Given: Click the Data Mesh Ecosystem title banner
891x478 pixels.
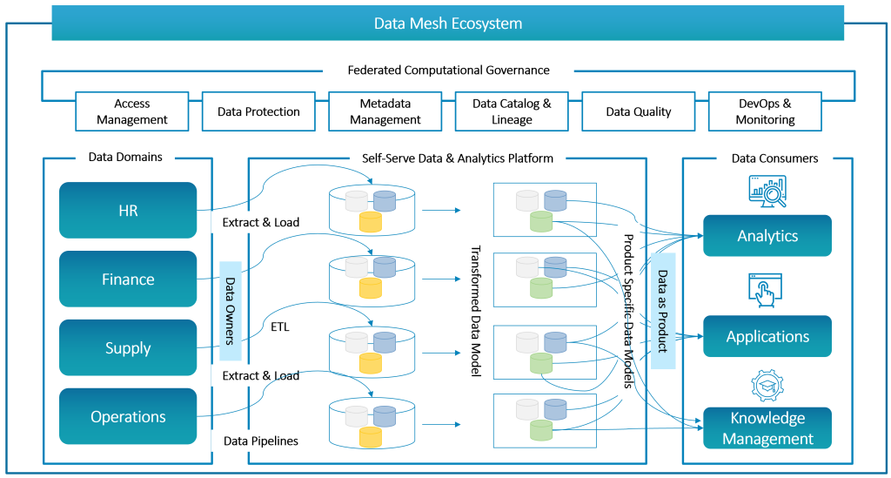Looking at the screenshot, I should (x=447, y=24).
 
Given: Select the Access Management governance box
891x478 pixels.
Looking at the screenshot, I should (x=132, y=111).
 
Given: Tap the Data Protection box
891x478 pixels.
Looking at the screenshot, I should (x=258, y=111).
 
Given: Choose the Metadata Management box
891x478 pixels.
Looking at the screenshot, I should (x=385, y=111).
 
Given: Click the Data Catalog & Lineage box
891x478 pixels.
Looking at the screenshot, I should (x=512, y=111).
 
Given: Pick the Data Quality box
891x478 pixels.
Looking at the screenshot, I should (x=639, y=111).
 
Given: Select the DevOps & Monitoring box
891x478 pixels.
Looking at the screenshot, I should (x=765, y=111).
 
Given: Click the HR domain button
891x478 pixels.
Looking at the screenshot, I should (x=128, y=211).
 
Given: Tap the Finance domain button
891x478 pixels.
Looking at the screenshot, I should (x=128, y=279).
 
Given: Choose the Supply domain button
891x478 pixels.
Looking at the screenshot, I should (x=128, y=348).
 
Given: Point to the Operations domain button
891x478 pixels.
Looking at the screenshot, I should (x=128, y=416).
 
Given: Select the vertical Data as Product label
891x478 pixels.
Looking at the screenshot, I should (x=663, y=311).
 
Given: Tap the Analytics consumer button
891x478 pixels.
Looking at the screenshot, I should (x=767, y=236).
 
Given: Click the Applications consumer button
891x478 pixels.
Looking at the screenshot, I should (x=767, y=337).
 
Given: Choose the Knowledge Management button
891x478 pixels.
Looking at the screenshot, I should (x=767, y=428).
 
